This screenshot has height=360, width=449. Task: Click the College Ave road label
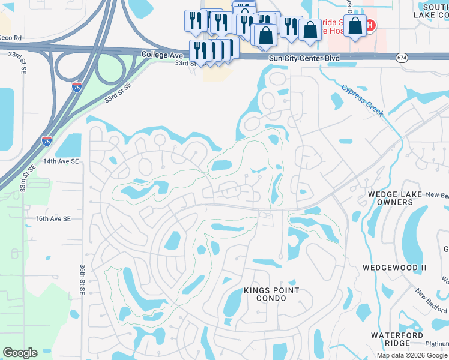(162, 55)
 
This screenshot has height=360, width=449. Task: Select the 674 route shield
(402, 57)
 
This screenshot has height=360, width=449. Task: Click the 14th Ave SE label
(61, 161)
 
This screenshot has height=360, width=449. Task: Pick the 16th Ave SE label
(61, 219)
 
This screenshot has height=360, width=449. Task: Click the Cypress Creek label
(362, 100)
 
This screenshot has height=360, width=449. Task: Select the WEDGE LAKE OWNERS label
(391, 197)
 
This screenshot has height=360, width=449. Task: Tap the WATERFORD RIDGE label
(390, 338)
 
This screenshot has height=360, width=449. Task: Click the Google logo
(19, 353)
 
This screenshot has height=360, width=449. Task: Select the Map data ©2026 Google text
(412, 355)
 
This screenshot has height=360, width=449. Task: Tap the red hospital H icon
(370, 25)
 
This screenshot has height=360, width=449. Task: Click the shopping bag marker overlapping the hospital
(355, 26)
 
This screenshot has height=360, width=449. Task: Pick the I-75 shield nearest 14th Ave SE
(47, 141)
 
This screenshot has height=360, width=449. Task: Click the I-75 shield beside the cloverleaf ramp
(76, 87)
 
